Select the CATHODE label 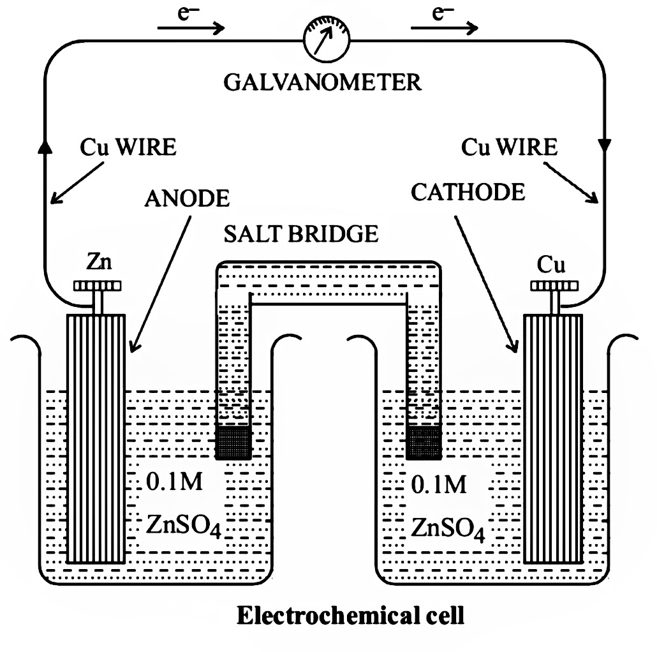click(468, 191)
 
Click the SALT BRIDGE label click(301, 233)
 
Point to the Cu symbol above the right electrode click(552, 262)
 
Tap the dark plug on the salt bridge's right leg click(422, 442)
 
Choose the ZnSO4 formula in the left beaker click(184, 527)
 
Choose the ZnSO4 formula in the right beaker click(448, 527)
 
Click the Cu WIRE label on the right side click(509, 147)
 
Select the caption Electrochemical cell click(350, 616)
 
